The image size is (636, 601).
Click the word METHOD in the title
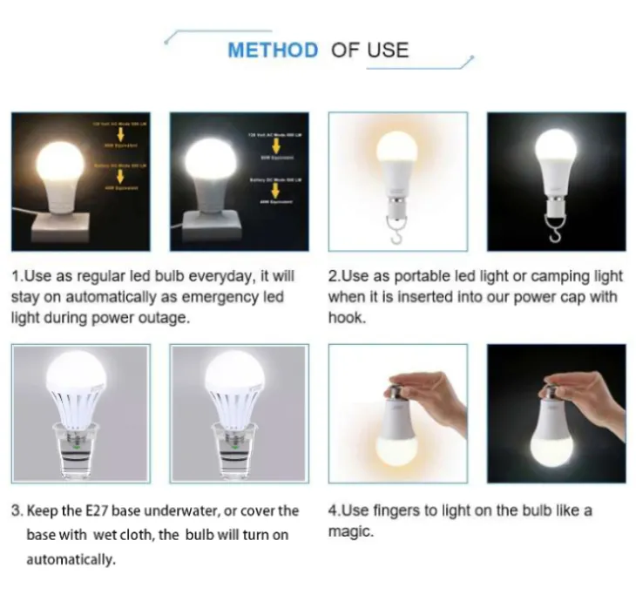tap(273, 50)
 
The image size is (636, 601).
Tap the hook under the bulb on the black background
tap(555, 229)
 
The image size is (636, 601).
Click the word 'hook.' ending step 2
tap(347, 318)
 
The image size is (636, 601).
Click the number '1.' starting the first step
tap(17, 276)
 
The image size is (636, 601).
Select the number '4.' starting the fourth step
tap(334, 510)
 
